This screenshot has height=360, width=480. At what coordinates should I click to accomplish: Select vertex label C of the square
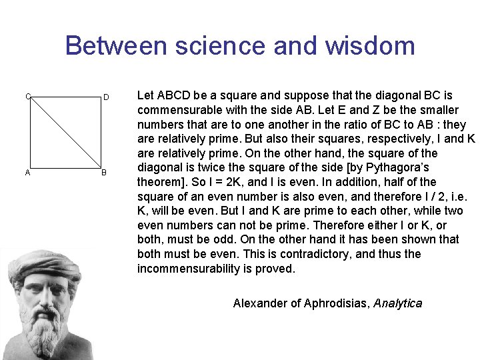click(x=27, y=97)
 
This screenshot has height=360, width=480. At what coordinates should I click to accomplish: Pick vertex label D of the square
click(x=105, y=97)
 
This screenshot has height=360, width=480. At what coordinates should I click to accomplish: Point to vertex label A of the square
click(x=27, y=172)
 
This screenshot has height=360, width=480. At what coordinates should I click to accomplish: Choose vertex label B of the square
click(x=104, y=173)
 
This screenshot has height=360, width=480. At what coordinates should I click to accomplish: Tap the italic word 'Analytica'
click(x=398, y=303)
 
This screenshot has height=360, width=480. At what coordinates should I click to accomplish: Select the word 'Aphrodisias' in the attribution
click(x=335, y=303)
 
